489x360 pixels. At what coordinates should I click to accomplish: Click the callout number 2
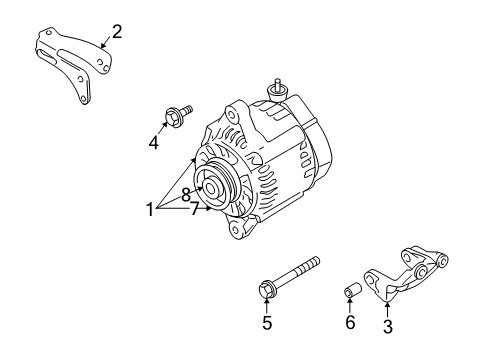(117, 32)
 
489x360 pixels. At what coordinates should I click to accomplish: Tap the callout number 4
(154, 143)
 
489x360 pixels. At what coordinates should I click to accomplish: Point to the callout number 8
(186, 196)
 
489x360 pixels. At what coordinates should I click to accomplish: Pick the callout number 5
(267, 323)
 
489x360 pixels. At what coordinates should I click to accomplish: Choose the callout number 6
(350, 323)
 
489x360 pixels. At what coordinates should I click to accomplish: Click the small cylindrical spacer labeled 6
(352, 291)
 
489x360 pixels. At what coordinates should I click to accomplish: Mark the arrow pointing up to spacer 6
(351, 307)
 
